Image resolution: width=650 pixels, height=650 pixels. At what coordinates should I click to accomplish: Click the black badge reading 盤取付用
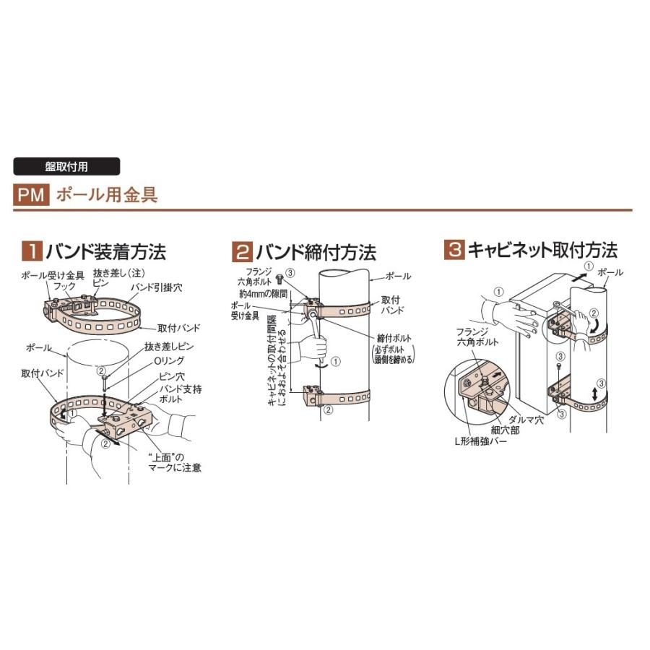(x=66, y=166)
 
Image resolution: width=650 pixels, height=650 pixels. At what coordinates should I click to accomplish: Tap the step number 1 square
(x=32, y=252)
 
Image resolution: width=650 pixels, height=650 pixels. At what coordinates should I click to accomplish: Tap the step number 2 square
(x=240, y=253)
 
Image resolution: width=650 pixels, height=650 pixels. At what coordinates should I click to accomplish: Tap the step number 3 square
(x=454, y=252)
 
